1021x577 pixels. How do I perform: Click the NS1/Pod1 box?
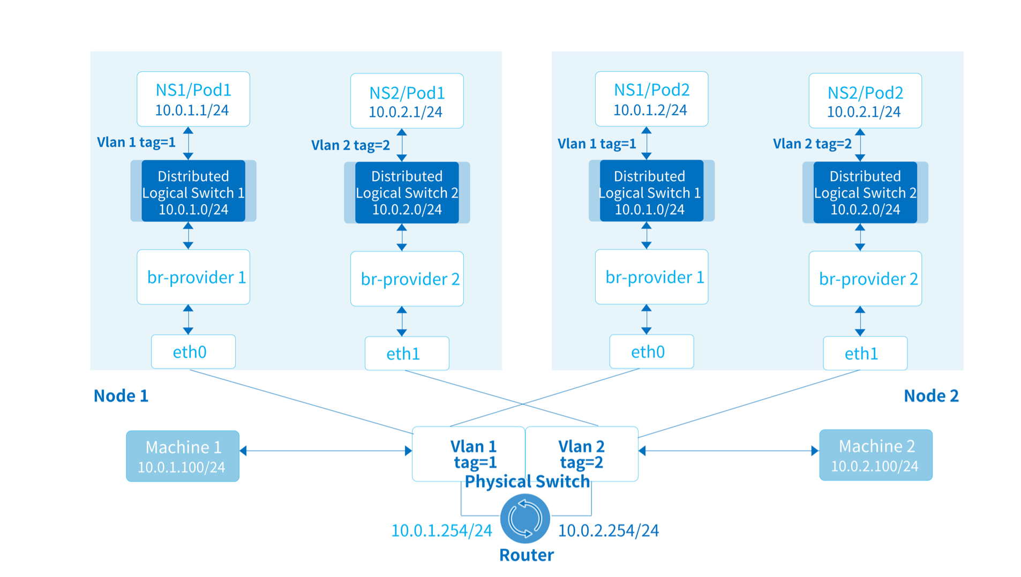pos(193,99)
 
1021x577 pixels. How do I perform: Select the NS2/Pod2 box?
pos(865,101)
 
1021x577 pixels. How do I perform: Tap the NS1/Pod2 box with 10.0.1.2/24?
pos(651,99)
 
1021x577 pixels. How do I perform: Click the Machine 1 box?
pos(183,456)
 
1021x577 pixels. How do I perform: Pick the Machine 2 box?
pos(876,455)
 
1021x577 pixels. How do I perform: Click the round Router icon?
pos(525,518)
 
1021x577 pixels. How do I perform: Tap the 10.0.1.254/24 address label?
pos(441,530)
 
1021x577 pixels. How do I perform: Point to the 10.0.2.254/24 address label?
pos(609,530)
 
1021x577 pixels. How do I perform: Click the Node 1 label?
pos(121,396)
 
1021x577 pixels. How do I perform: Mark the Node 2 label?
pos(931,396)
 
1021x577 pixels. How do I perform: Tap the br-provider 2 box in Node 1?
pos(407,279)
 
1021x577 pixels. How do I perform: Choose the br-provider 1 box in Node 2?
pos(651,277)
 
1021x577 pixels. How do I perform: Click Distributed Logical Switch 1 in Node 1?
pos(193,191)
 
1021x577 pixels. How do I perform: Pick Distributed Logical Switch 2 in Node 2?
pos(865,193)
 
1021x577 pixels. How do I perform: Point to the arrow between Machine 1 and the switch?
pos(326,451)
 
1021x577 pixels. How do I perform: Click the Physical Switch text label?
pos(527,482)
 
